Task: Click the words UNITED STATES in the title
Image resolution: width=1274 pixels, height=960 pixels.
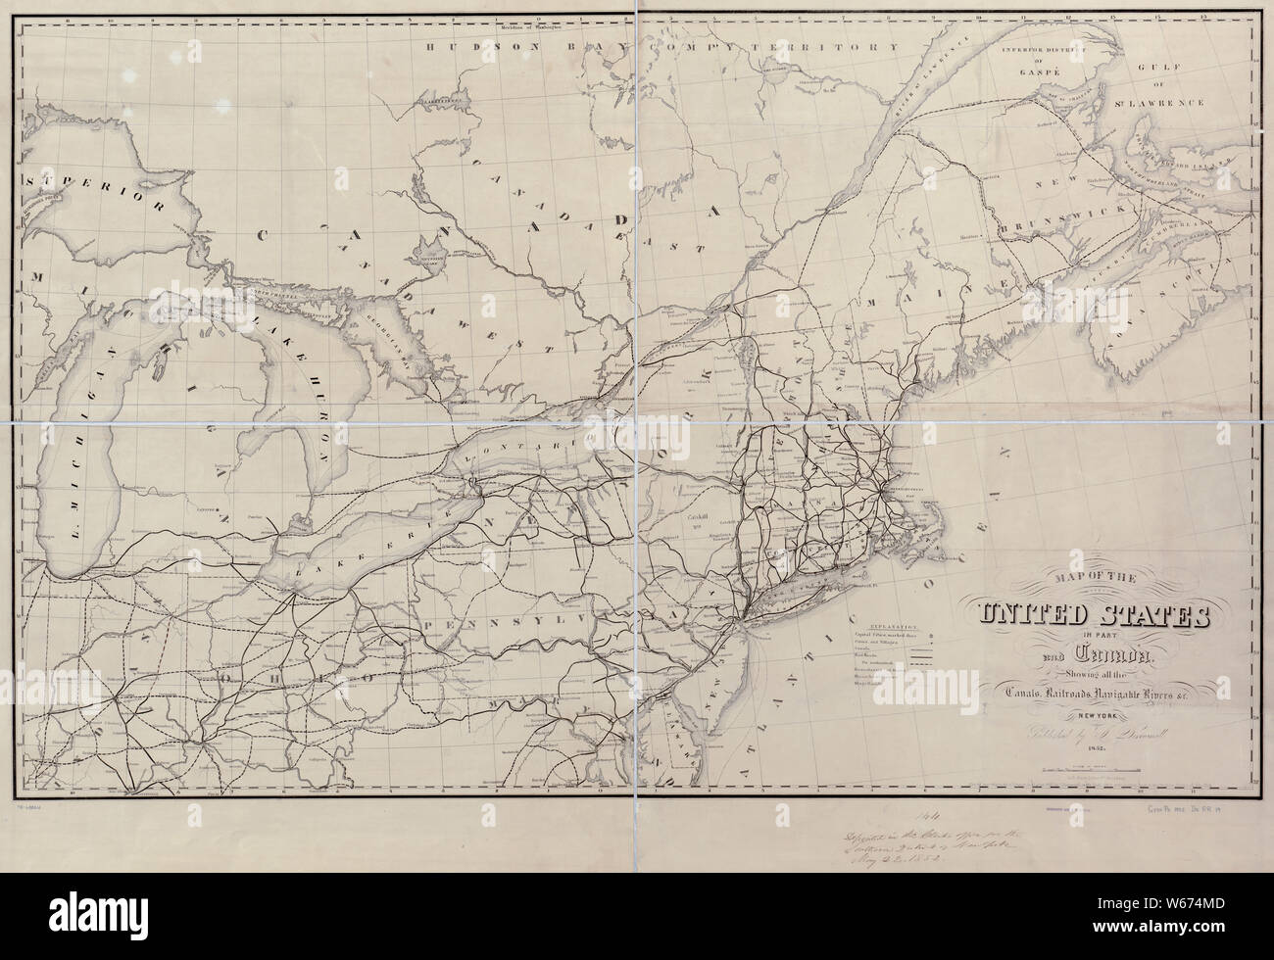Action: tap(1093, 617)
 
